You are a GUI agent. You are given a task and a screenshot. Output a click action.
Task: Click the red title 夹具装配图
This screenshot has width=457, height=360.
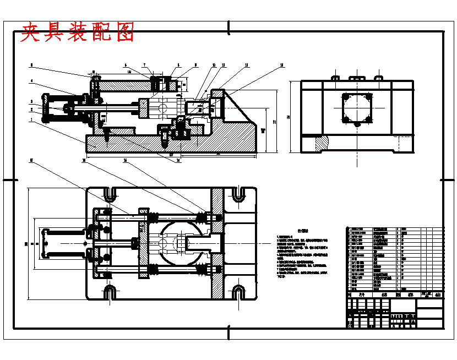pyautogui.click(x=77, y=32)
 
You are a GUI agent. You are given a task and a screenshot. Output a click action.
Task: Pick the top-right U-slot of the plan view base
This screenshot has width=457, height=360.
pyautogui.click(x=238, y=194)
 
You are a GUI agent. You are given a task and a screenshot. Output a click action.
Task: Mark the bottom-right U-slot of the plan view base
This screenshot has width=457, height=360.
pyautogui.click(x=238, y=292)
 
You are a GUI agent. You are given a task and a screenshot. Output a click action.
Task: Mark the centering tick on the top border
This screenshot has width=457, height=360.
pyautogui.click(x=228, y=25)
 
